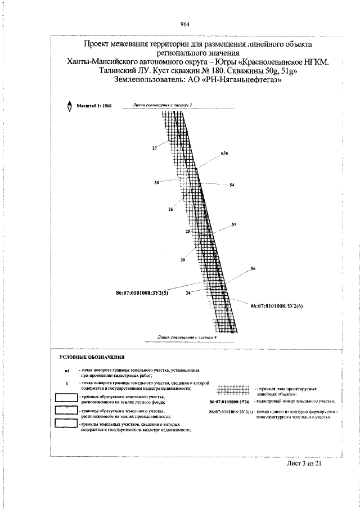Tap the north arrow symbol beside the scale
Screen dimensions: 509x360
pyautogui.click(x=69, y=106)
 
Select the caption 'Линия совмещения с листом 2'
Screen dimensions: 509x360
pyautogui.click(x=163, y=105)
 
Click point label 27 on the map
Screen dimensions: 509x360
pyautogui.click(x=155, y=148)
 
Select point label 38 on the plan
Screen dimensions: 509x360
pyautogui.click(x=156, y=183)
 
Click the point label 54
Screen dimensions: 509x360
pyautogui.click(x=232, y=185)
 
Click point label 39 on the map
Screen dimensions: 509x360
pyautogui.click(x=182, y=259)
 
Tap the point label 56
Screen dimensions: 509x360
pyautogui.click(x=253, y=269)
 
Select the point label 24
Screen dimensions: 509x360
pyautogui.click(x=187, y=293)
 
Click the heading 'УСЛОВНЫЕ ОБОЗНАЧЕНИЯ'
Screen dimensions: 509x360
pyautogui.click(x=92, y=357)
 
